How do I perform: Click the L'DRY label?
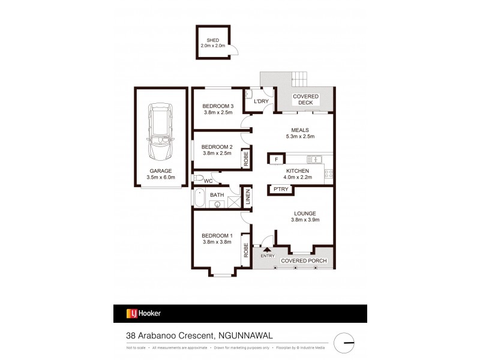coord(261,101)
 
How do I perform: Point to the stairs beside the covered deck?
coord(299,78)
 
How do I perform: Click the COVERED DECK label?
coord(305,100)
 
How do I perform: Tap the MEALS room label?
coord(300,128)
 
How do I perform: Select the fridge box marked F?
coord(276,159)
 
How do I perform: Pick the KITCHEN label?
coord(298,171)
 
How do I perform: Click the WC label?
coord(208,181)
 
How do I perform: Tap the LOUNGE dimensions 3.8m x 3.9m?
coord(305,220)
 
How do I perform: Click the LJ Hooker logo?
coord(143,313)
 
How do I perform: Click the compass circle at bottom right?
coord(345,343)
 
